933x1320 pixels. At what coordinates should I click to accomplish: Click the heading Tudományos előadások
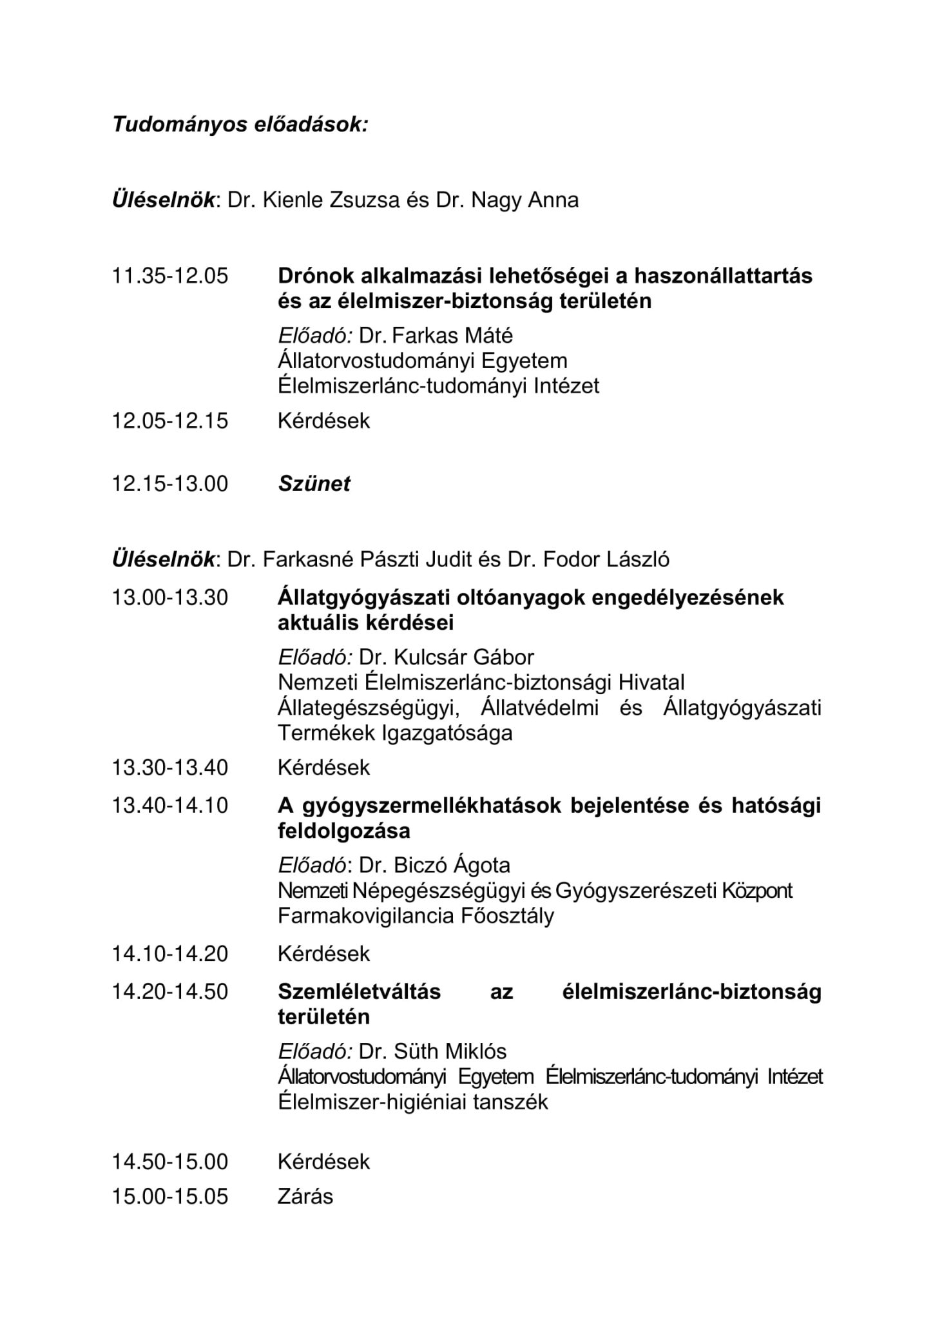tap(240, 124)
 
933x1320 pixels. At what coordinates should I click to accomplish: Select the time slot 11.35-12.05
tap(170, 276)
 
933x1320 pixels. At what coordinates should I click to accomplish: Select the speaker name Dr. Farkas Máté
tap(436, 335)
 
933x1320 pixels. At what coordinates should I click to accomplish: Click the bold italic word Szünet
tap(314, 483)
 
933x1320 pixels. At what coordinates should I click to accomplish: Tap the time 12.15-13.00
tap(170, 483)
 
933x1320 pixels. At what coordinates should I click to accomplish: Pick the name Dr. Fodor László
tap(588, 559)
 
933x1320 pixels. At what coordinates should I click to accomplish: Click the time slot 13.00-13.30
tap(170, 597)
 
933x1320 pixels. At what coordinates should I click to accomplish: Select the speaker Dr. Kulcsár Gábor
tap(447, 657)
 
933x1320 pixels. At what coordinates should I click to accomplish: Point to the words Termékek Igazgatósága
tap(395, 733)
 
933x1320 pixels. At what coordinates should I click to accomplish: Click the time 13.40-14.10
tap(170, 806)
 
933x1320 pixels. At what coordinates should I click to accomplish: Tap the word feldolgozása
tap(344, 831)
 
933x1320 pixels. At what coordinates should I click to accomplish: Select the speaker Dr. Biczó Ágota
tap(434, 865)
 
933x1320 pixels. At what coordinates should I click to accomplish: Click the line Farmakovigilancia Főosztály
tap(416, 916)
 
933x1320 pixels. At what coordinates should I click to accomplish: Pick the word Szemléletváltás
tap(359, 991)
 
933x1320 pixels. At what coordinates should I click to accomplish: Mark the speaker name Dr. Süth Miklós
tap(432, 1051)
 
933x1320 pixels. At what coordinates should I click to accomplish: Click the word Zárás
tap(305, 1196)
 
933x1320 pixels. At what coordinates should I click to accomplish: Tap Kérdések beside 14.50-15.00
tap(323, 1161)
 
